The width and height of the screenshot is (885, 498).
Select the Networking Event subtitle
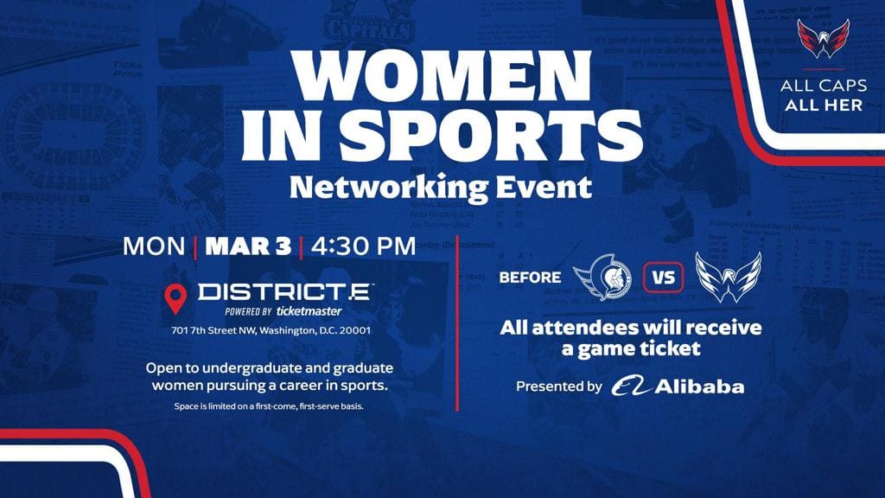[x=442, y=186]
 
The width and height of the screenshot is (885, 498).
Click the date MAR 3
[x=248, y=245]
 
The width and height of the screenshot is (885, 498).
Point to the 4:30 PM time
[x=363, y=245]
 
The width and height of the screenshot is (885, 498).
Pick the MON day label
[x=154, y=245]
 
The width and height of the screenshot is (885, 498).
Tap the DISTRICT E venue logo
[x=285, y=291]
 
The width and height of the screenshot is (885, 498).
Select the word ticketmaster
[x=309, y=311]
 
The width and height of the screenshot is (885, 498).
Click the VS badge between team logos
[x=664, y=278]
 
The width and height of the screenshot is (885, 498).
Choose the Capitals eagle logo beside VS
[x=729, y=278]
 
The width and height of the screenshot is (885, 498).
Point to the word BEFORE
[x=530, y=278]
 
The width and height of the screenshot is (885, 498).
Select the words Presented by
[x=558, y=386]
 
